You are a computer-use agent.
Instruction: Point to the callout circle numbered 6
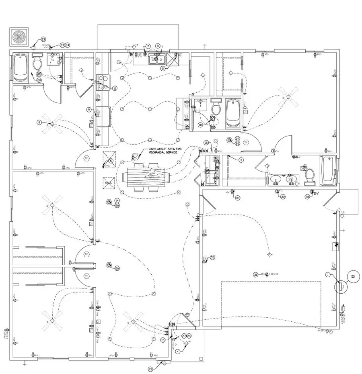(x=39, y=122)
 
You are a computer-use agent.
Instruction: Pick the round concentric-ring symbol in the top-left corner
(x=19, y=37)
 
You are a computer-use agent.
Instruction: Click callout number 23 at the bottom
(x=150, y=369)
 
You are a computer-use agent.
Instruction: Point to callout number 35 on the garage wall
(x=213, y=257)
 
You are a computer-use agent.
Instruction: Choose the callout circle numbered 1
(x=328, y=275)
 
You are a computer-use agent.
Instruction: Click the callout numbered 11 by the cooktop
(x=115, y=88)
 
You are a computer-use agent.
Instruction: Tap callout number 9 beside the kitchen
(x=89, y=109)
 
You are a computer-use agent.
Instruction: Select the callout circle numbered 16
(x=206, y=143)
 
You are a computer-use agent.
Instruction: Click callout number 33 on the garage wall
(x=238, y=198)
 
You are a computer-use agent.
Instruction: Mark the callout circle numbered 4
(x=178, y=350)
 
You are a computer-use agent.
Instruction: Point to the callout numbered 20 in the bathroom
(x=39, y=80)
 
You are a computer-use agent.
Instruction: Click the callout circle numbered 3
(x=241, y=159)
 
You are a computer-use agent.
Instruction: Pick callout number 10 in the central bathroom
(x=200, y=125)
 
